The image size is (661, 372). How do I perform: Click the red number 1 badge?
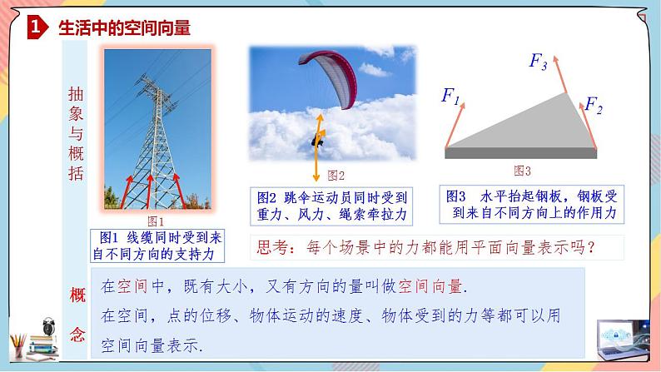(x=35, y=27)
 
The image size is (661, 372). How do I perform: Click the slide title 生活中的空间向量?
(x=125, y=28)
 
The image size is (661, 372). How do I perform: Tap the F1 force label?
(x=450, y=97)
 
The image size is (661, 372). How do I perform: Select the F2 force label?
(x=593, y=105)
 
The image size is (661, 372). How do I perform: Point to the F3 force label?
(x=539, y=61)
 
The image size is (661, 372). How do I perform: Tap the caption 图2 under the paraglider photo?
(x=336, y=175)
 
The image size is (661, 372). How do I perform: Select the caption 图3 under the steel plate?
(x=522, y=171)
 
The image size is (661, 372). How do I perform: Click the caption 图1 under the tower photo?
(x=156, y=221)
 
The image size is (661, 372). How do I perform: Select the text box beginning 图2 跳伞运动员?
(x=330, y=207)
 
